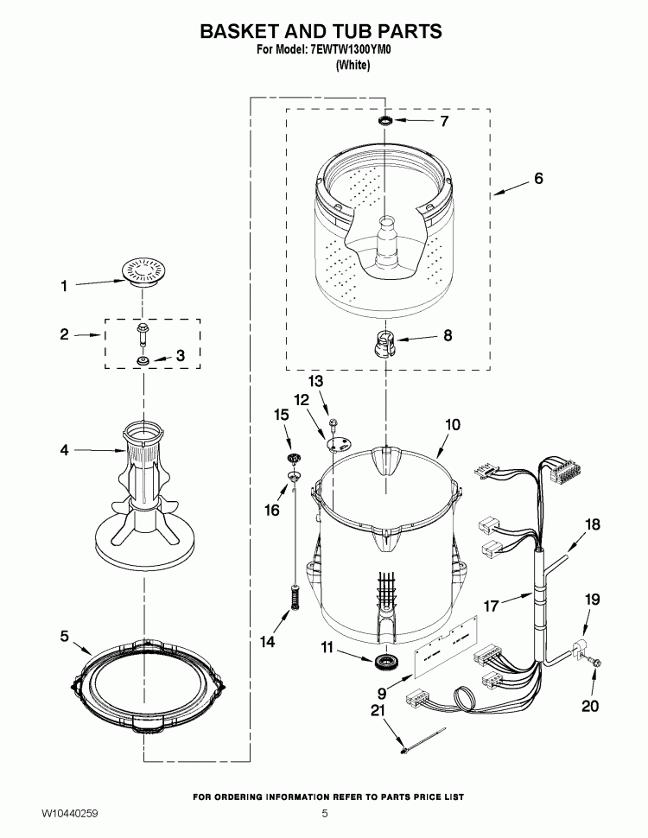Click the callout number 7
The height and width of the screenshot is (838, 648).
[x=444, y=122]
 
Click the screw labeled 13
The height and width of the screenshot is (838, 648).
[x=333, y=422]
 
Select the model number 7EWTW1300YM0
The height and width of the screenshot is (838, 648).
[x=346, y=51]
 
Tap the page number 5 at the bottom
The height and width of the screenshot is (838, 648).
[x=325, y=814]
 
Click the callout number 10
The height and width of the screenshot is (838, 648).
[x=452, y=425]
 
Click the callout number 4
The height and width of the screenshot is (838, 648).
[x=63, y=449]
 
